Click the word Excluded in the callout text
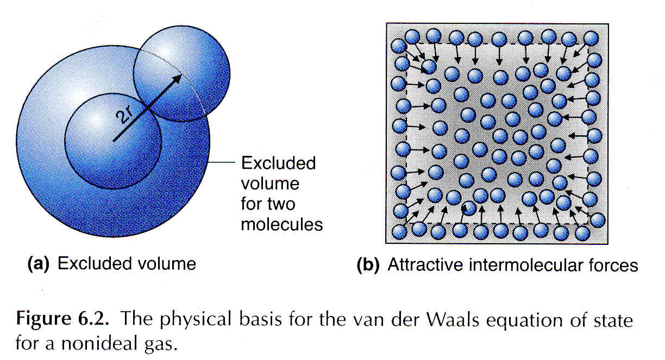(x=278, y=163)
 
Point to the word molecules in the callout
(x=282, y=224)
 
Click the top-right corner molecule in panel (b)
(x=591, y=38)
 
